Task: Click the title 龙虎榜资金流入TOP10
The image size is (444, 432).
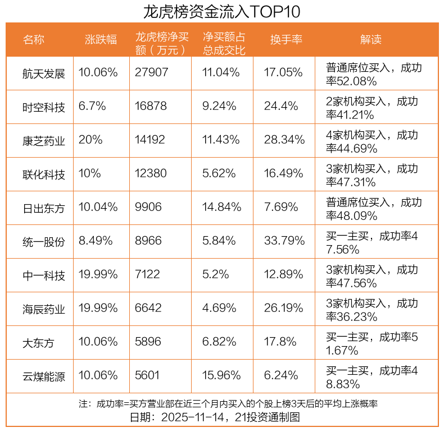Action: coord(221,11)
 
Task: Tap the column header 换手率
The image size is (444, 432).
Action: coord(286,39)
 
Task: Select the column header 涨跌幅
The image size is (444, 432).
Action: coord(101,39)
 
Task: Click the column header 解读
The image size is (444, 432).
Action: coord(371,39)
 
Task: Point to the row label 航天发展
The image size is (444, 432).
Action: coord(44,73)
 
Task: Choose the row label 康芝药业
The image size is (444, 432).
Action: coord(44,141)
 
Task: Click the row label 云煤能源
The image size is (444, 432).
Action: coord(44,376)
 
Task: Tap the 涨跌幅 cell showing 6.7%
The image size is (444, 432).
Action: coord(92,106)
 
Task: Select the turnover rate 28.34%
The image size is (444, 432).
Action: coord(284,140)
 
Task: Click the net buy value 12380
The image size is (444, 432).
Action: coord(151,173)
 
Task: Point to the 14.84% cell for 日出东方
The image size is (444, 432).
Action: coord(221,207)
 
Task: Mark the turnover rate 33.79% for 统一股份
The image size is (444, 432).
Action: coord(284,241)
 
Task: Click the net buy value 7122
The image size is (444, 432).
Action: coord(147,274)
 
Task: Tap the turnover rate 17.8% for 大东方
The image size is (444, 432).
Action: coord(280,342)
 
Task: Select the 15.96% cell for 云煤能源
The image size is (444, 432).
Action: coord(221,375)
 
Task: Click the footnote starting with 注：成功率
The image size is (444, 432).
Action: coord(228,404)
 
